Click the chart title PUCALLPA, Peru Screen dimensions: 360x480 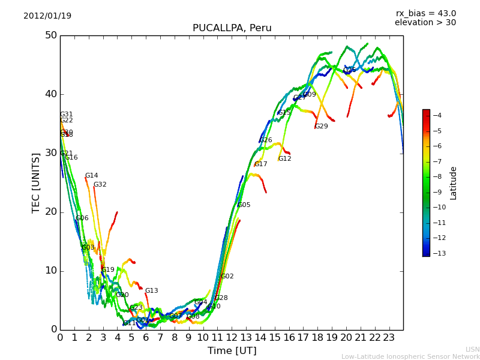pos(232,28)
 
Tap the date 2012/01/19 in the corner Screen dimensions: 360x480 pos(47,16)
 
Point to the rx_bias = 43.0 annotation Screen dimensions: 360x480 pos(425,14)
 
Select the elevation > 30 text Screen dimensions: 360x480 pos(425,23)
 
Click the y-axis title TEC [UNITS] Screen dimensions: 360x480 pos(36,182)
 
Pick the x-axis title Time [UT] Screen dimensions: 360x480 pos(232,350)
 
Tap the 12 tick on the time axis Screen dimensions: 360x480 pos(232,337)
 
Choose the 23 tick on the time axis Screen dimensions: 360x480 pos(389,337)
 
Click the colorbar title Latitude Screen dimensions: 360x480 pos(454,183)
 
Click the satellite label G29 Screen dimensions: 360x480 pos(322,127)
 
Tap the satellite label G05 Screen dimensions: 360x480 pos(244,205)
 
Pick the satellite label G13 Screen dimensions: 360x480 pos(152,291)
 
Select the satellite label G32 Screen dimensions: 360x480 pos(100,185)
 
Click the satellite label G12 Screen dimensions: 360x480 pos(285,159)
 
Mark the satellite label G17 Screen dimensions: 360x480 pos(261,164)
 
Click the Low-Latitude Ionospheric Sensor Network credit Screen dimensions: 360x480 pos(410,356)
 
